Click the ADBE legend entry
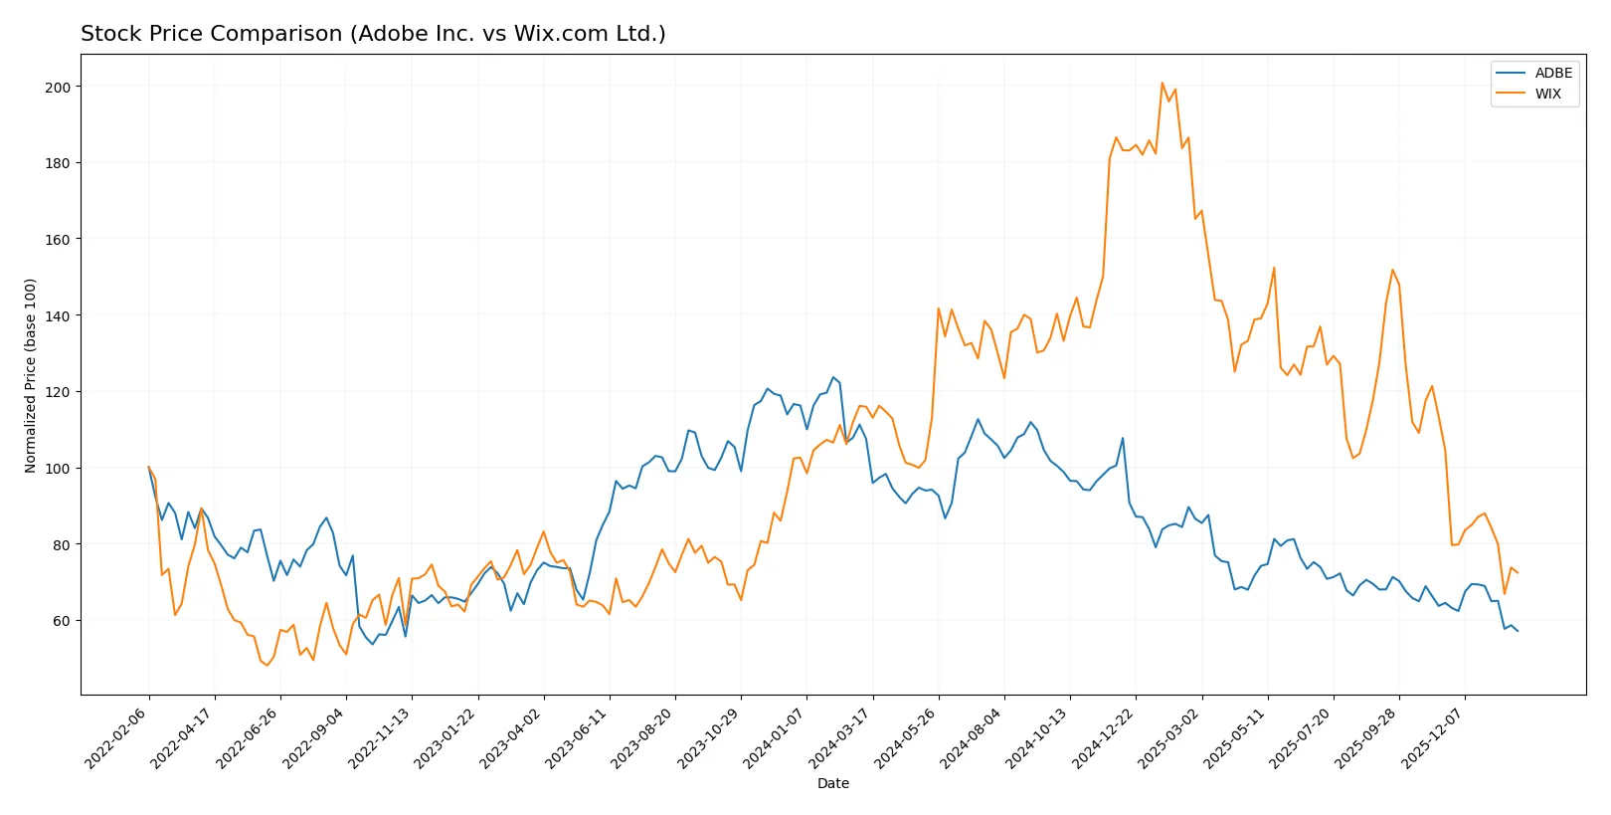[1552, 73]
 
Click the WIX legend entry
[1547, 94]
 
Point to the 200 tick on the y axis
[58, 88]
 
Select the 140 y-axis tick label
[58, 316]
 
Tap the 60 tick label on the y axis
[61, 621]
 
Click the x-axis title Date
[832, 783]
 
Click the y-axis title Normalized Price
[31, 375]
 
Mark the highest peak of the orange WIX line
[1162, 83]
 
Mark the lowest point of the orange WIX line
[267, 666]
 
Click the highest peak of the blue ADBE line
[833, 377]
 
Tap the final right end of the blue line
[1518, 631]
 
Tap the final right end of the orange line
[1518, 573]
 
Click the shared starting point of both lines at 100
[149, 468]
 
